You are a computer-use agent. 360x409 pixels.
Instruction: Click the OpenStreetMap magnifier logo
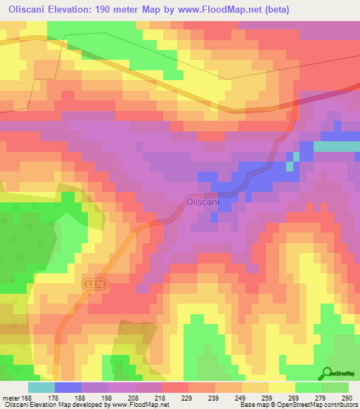pos(328,373)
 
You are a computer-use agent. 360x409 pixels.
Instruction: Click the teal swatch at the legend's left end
pos(41,387)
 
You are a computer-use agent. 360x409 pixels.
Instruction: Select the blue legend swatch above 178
pos(68,387)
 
